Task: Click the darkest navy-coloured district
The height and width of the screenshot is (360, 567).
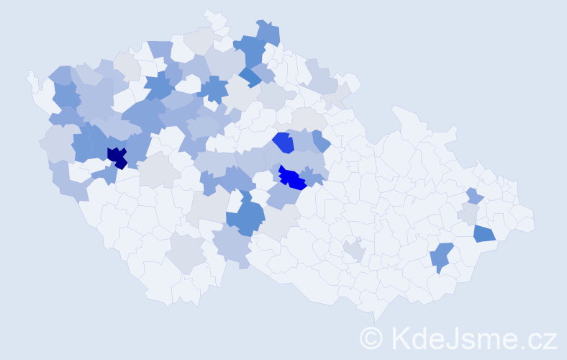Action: click(x=116, y=156)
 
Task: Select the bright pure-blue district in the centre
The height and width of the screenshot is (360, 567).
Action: click(x=292, y=177)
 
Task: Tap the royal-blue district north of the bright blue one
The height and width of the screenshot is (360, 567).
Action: click(x=283, y=143)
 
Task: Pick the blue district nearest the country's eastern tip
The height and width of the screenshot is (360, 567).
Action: click(x=484, y=233)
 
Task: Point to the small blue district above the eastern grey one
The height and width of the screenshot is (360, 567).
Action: click(x=473, y=195)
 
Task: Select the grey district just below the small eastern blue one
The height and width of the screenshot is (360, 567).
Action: click(x=469, y=213)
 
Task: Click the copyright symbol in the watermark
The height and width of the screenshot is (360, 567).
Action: click(x=371, y=338)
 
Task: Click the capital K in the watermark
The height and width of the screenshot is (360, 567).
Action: click(x=402, y=338)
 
